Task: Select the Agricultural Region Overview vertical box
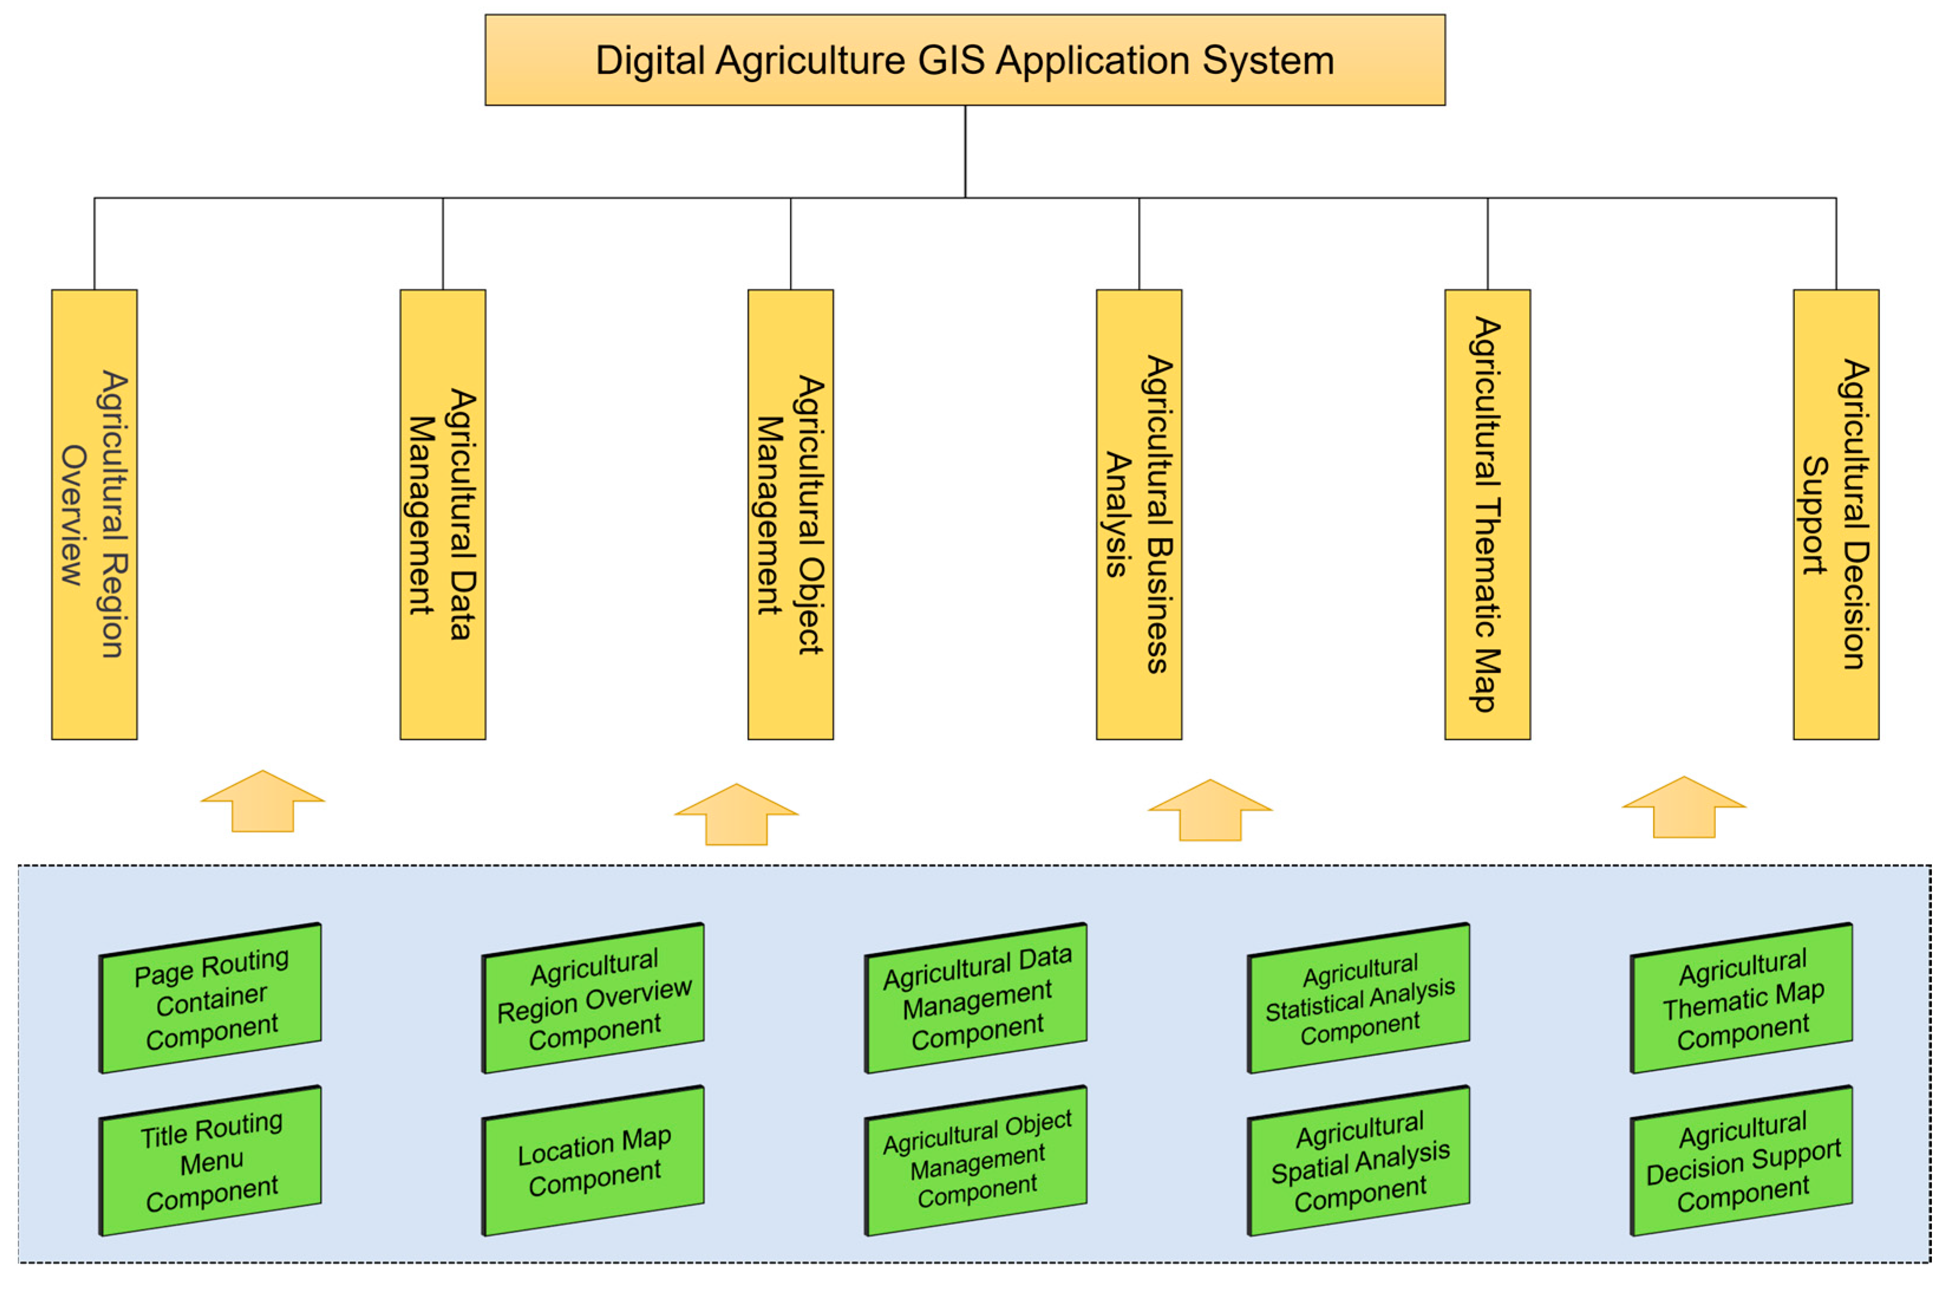tap(94, 514)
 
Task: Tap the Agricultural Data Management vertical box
tap(443, 514)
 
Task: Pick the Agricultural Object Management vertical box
tap(791, 514)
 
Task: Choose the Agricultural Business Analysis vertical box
tap(1139, 514)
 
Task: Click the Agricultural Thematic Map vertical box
tap(1487, 514)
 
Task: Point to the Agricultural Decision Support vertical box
tap(1836, 514)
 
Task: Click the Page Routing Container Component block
tap(211, 999)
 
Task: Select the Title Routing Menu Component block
tap(211, 1161)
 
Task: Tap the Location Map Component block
tap(594, 1161)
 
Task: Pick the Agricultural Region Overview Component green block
tap(594, 999)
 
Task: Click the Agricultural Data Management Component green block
tap(977, 999)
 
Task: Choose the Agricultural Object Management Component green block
tap(977, 1161)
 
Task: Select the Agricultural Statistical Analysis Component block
tap(1359, 999)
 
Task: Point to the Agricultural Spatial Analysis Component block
tap(1359, 1161)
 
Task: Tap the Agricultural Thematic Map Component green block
tap(1742, 999)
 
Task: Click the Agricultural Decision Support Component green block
tap(1742, 1161)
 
